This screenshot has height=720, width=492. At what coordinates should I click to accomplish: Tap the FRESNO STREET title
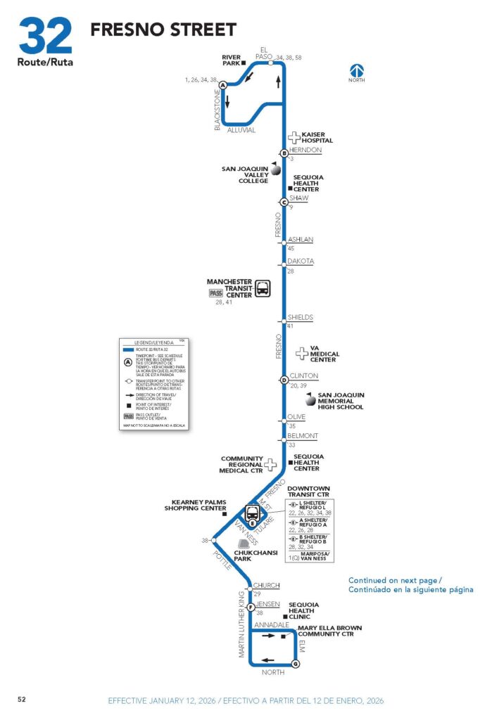point(163,30)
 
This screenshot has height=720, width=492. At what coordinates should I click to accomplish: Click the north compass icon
point(358,70)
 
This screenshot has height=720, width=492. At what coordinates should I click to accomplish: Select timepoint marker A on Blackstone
point(223,85)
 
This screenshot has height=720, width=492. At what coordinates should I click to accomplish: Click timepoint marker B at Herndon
point(284,153)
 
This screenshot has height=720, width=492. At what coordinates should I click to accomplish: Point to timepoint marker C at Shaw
point(284,202)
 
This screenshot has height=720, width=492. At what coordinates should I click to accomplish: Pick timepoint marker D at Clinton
point(284,380)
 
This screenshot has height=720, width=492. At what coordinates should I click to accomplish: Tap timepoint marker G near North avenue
point(295,664)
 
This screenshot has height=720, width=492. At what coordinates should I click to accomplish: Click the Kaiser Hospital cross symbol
point(294,138)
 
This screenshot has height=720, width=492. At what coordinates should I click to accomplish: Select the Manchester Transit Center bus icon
point(263,288)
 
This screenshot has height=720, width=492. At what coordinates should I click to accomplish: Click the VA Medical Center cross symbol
point(302,354)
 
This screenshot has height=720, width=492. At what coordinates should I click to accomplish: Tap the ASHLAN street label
point(301,240)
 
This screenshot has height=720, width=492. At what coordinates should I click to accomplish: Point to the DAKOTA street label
point(301,262)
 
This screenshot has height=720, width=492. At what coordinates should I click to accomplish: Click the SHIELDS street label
point(301,318)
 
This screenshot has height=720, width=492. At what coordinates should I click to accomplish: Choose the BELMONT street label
point(303,436)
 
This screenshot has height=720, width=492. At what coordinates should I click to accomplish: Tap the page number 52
point(22,699)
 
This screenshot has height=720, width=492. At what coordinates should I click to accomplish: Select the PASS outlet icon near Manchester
point(215,293)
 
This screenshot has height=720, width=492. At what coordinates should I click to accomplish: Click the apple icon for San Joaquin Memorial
point(310,400)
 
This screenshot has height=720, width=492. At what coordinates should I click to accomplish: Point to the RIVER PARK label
point(231,60)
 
